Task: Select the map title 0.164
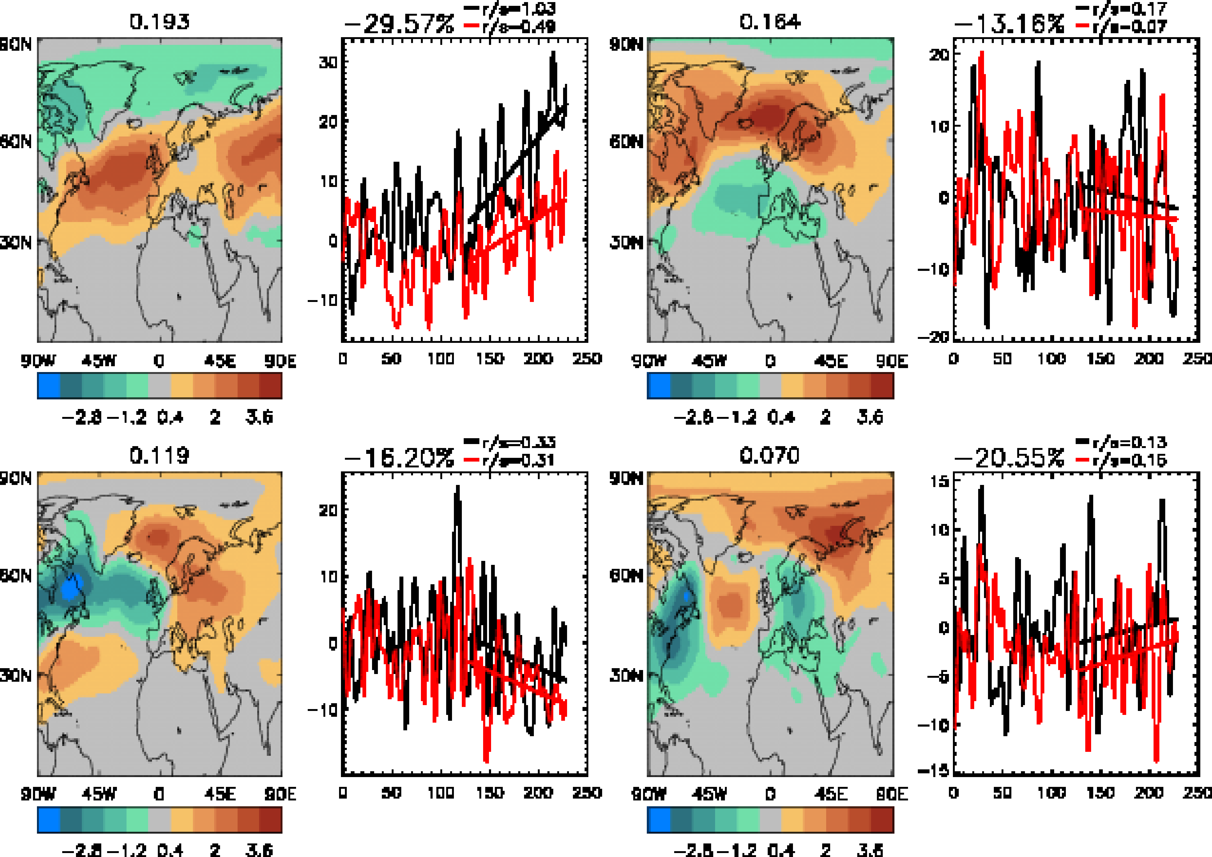770,22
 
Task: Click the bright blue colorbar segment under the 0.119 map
49,821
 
